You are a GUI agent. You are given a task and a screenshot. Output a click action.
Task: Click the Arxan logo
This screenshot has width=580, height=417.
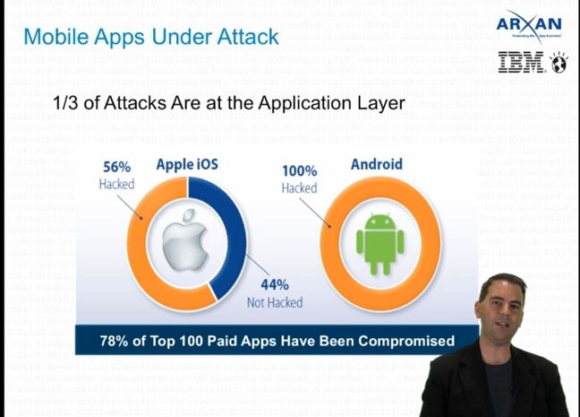tap(529, 24)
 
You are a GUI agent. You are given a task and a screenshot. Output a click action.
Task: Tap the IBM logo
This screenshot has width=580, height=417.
tap(524, 63)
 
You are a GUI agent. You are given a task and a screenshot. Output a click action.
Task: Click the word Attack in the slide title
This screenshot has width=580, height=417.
tap(246, 37)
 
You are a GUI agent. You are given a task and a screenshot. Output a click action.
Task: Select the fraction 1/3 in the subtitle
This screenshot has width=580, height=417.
tap(68, 104)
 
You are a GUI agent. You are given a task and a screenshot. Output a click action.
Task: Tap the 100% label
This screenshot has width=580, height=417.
tap(300, 171)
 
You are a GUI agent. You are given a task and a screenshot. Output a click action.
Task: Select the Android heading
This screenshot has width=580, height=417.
tap(376, 164)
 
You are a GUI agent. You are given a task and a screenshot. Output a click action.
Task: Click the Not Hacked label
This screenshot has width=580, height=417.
tap(273, 302)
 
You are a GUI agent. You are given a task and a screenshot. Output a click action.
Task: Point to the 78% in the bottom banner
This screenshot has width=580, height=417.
tap(116, 341)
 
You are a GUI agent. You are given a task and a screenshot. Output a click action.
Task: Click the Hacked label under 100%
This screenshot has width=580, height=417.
tap(299, 188)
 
